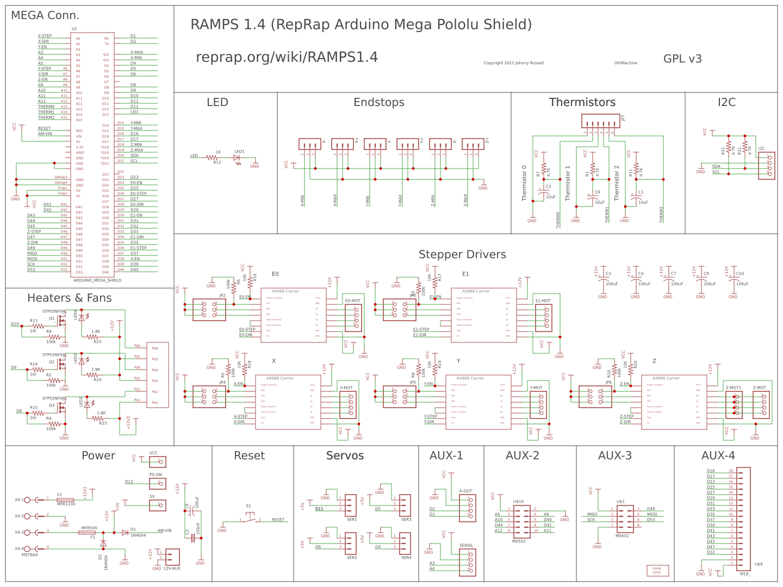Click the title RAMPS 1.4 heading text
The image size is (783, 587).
pos(361,24)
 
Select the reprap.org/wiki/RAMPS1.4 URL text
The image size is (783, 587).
pos(287,57)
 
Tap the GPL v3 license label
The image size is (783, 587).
pos(682,59)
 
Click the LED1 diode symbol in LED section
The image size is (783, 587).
pos(237,158)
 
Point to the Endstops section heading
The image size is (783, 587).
pos(379,102)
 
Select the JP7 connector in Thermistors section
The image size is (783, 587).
pos(600,121)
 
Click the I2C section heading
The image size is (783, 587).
pos(726,102)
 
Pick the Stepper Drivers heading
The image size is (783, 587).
pos(462,254)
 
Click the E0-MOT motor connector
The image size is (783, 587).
pos(353,317)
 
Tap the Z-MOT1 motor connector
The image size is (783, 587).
pos(734,404)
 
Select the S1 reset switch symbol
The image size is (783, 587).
pos(249,520)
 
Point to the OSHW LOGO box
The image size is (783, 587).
pos(657,571)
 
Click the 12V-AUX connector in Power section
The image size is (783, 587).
pos(172,557)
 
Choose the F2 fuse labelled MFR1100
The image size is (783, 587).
pos(65,499)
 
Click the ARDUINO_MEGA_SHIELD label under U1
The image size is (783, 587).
pos(97,280)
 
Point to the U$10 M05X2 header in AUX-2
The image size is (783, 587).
pos(521,522)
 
